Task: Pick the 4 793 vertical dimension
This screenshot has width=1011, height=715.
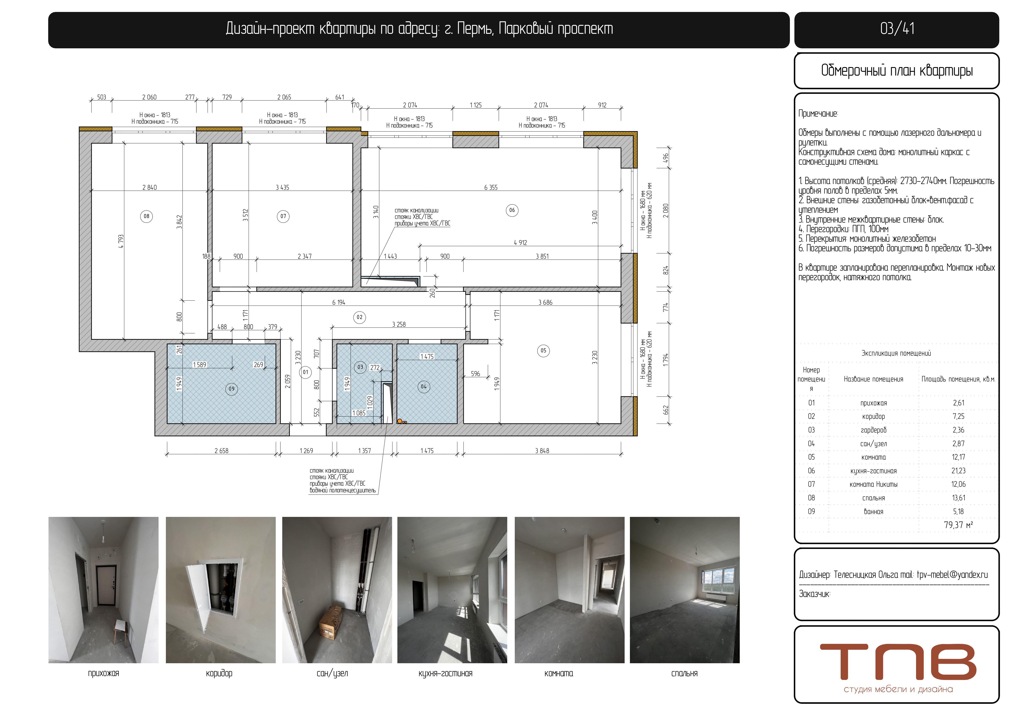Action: click(121, 241)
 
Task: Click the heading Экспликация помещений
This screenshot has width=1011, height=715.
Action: click(896, 353)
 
